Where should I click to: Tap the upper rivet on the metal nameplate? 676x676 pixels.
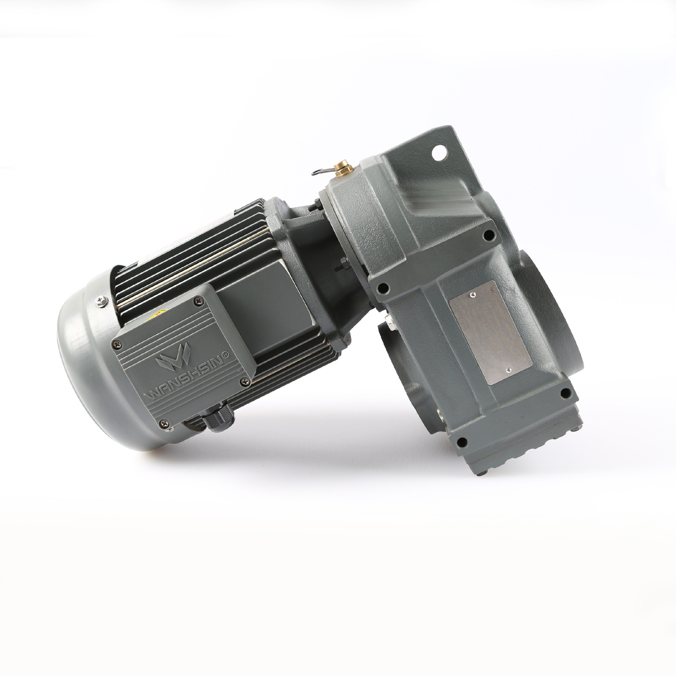point(474,295)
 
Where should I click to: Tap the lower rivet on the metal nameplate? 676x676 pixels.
point(508,370)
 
